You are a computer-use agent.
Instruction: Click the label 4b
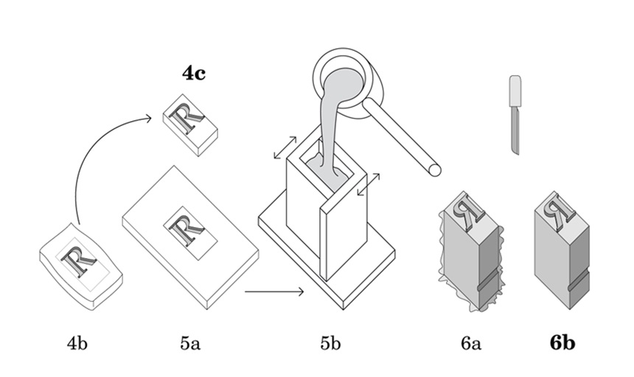[77, 343]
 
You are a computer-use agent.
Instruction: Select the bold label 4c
[194, 73]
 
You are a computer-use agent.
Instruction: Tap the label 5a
[190, 343]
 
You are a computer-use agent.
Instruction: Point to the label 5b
[330, 343]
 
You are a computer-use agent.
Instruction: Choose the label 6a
[470, 343]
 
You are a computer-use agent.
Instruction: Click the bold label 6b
[562, 343]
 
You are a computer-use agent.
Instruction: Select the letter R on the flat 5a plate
[187, 231]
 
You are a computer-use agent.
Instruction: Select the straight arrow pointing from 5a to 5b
[274, 291]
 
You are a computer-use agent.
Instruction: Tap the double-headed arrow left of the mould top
[285, 148]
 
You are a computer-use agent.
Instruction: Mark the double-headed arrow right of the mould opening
[369, 184]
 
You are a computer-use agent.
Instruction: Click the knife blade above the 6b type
[515, 129]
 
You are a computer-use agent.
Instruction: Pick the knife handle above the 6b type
[515, 91]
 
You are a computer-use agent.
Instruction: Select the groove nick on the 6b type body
[579, 282]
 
